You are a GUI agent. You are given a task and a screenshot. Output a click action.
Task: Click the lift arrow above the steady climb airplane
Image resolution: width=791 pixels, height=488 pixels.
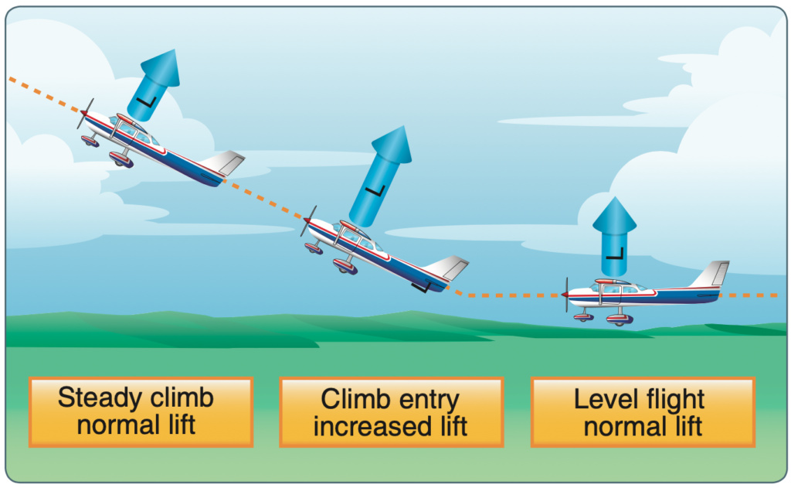[x=154, y=85]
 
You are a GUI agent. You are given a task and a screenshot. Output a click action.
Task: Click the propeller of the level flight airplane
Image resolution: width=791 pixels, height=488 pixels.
[x=567, y=295]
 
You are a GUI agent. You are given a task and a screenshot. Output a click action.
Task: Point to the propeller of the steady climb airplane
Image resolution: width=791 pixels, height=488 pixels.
[x=85, y=114]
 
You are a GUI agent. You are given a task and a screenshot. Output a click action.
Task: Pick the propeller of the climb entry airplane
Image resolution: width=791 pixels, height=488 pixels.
[x=308, y=220]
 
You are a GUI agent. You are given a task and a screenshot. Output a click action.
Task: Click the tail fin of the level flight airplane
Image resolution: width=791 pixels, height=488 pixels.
[x=711, y=275]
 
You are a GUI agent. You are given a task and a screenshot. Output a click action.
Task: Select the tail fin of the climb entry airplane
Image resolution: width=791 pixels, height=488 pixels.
[x=447, y=268]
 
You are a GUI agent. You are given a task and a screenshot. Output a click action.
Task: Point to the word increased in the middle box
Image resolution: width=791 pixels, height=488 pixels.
[x=372, y=426]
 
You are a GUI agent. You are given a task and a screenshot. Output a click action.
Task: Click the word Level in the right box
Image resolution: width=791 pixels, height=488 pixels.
[x=603, y=399]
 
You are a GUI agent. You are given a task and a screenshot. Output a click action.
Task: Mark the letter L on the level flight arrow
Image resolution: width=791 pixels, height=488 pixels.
[x=615, y=253]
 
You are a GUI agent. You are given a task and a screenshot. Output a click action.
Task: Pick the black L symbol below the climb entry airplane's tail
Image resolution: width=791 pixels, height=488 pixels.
[x=421, y=287]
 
